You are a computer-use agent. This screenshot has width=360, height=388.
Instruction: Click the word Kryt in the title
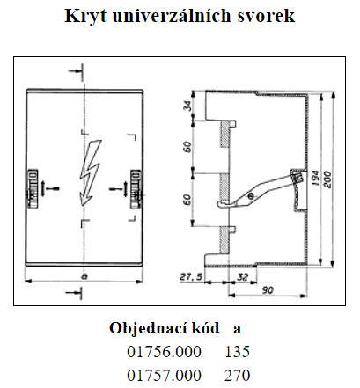[85, 16]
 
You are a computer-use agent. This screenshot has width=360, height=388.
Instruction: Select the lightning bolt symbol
[91, 172]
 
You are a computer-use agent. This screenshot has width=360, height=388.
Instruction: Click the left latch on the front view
[33, 188]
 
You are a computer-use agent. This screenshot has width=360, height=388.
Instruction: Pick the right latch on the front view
[136, 188]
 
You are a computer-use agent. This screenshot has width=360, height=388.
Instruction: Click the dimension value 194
[315, 178]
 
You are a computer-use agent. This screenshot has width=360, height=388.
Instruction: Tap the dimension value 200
[327, 179]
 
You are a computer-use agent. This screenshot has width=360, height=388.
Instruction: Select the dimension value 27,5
[191, 277]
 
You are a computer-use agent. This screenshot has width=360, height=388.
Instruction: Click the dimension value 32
[242, 277]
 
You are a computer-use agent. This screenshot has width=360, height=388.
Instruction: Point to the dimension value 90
[268, 290]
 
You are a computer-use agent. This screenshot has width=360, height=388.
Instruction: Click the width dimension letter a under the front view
[84, 276]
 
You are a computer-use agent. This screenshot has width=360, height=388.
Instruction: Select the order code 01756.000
[164, 352]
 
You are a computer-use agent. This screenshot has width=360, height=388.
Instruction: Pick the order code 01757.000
[164, 376]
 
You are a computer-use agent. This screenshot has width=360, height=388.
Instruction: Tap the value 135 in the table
[238, 352]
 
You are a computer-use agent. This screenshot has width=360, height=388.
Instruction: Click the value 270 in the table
[238, 376]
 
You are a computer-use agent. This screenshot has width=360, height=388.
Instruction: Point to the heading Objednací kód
[165, 328]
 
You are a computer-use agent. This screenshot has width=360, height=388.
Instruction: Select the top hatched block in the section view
[224, 135]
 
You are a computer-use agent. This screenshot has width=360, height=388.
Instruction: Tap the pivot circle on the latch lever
[250, 196]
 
